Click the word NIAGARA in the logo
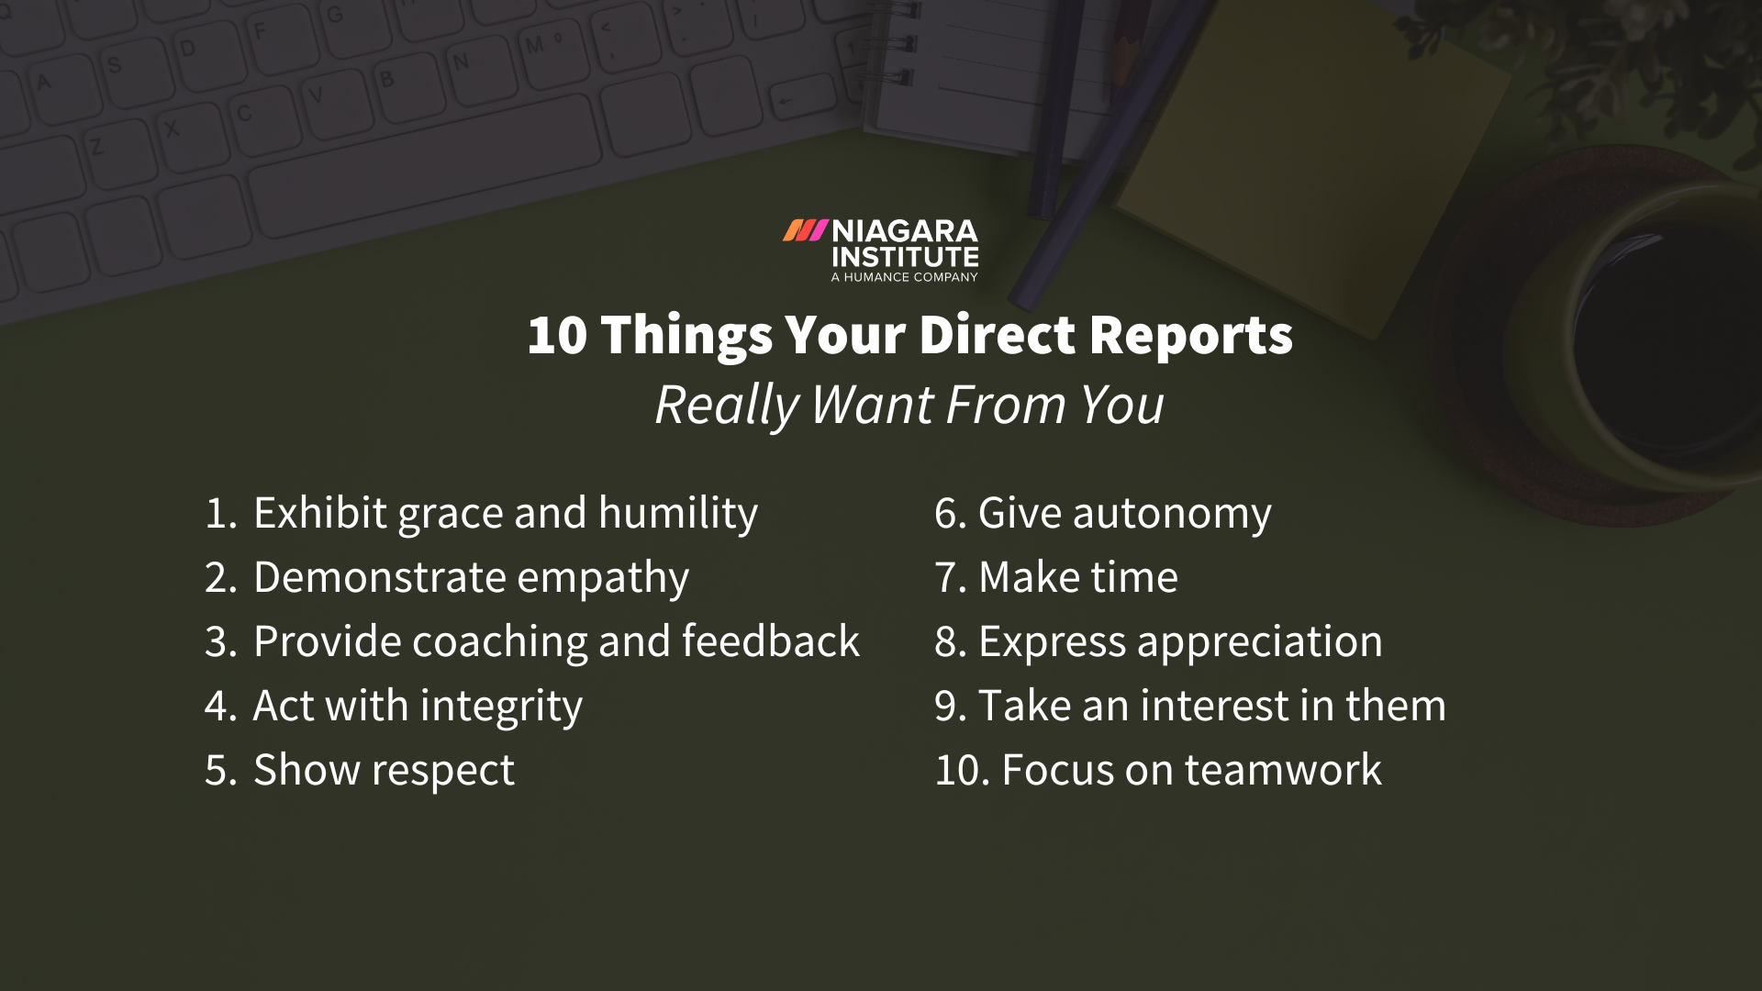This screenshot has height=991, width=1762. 905,231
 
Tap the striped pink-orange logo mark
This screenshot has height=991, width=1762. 805,230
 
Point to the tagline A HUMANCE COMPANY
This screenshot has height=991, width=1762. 904,277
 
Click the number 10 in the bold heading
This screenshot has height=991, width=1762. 557,335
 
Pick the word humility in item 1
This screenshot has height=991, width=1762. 678,513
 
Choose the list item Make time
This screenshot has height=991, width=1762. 1077,577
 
